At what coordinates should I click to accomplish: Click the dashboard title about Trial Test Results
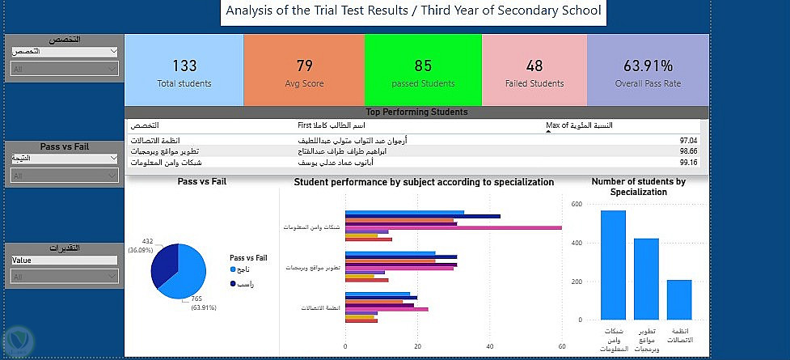(x=413, y=11)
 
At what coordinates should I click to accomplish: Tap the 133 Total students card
(x=184, y=72)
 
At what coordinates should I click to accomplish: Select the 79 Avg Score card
(x=304, y=72)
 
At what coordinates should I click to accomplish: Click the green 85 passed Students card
(x=423, y=72)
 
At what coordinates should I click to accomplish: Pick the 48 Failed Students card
(x=534, y=72)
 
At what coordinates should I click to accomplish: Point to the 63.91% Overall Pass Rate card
(x=647, y=72)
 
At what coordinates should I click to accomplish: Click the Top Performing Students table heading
(x=416, y=112)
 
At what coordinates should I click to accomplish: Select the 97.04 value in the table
(x=688, y=141)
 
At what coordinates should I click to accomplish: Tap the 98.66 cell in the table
(x=688, y=150)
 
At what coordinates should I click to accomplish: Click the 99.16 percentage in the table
(x=688, y=161)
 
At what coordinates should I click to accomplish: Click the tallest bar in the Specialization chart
(x=613, y=265)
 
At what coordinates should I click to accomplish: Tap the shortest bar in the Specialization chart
(x=678, y=299)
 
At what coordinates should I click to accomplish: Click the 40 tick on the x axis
(x=490, y=346)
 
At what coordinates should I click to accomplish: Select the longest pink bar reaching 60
(x=453, y=227)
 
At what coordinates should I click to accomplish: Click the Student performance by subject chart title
(x=423, y=182)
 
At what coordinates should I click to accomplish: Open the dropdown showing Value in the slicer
(x=65, y=260)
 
